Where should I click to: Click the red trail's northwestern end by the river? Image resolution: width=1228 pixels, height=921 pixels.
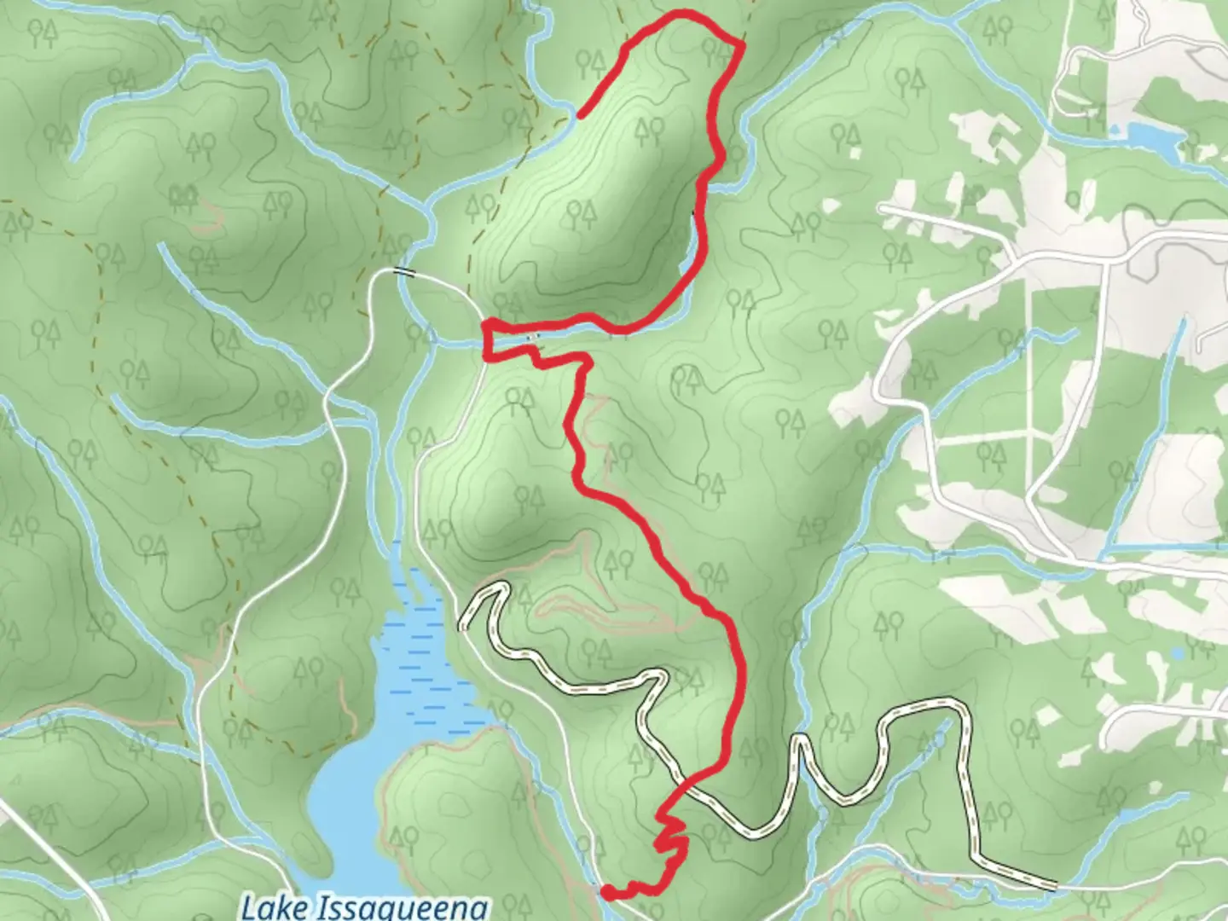tap(580, 115)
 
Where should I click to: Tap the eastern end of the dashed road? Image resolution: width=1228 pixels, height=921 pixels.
tap(1055, 887)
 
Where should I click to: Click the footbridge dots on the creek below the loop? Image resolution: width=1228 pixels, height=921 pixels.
tap(533, 338)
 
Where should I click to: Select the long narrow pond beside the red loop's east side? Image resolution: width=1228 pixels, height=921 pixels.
tap(695, 247)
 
